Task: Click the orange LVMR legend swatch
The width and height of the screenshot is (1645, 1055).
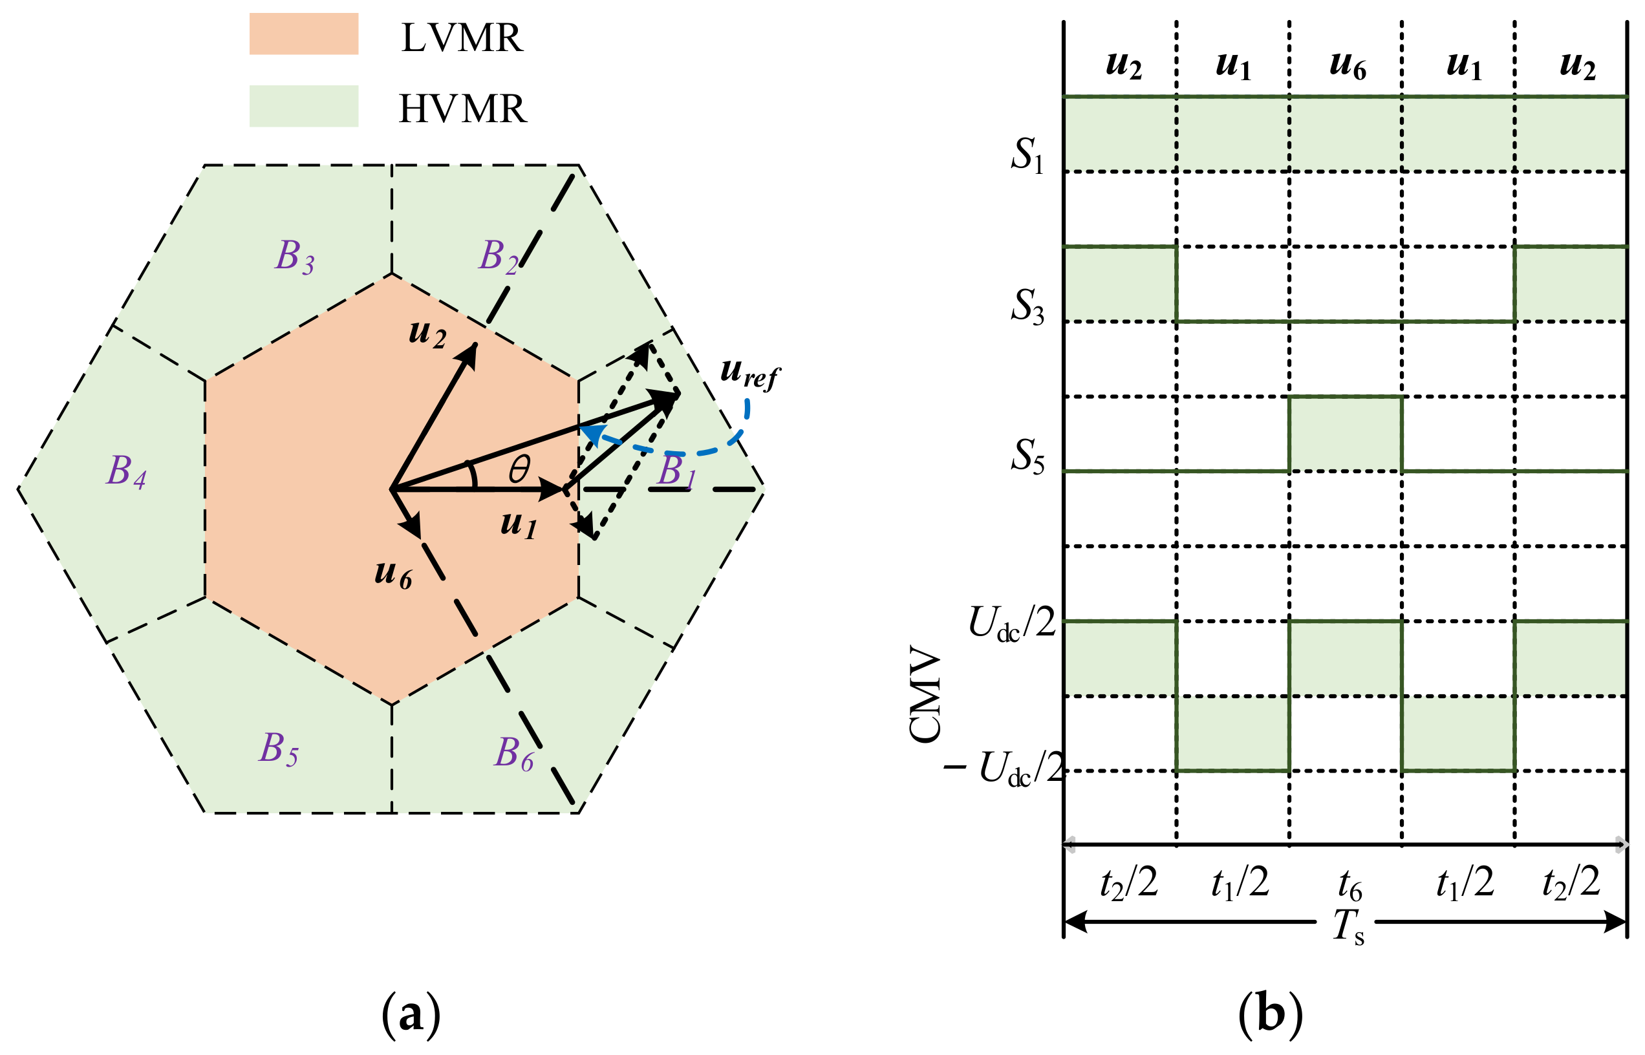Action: (303, 34)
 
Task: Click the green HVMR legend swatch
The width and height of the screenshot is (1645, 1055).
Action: (303, 106)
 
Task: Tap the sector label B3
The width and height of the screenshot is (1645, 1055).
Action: (295, 257)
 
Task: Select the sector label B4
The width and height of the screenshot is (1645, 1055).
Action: (126, 472)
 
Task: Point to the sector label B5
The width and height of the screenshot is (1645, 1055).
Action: (278, 749)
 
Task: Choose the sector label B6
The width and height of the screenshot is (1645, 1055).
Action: (514, 754)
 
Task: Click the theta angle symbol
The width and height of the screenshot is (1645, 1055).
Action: (519, 470)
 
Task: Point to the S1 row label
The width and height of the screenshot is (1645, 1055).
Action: (1027, 155)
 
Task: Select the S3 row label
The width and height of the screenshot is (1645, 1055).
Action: (1027, 306)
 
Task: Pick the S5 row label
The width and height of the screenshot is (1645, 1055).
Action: (1027, 456)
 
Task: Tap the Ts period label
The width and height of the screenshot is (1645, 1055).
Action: (1348, 927)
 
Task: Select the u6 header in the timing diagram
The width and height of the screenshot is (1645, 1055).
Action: (1347, 66)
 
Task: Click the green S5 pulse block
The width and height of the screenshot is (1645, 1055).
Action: (1345, 434)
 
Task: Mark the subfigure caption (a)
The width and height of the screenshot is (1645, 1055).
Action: (411, 1014)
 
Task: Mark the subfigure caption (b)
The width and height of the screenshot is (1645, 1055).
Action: (1269, 1014)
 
